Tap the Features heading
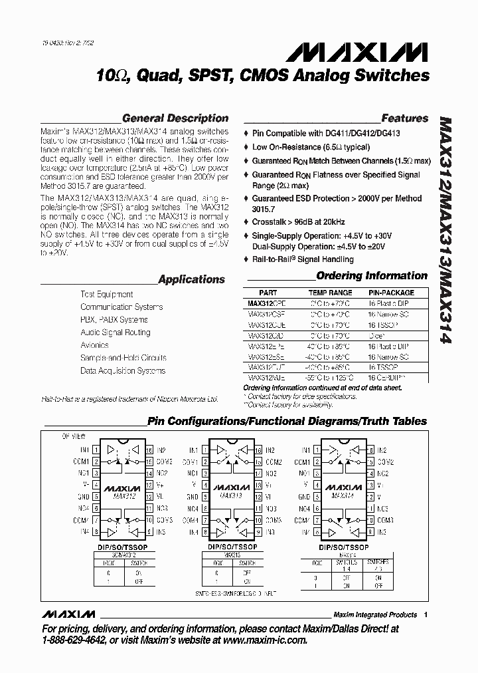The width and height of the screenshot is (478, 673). (x=404, y=118)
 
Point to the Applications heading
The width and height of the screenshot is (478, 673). (x=191, y=279)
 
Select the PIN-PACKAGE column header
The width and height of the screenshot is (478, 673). (x=391, y=293)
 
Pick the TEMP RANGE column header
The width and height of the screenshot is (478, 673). (x=331, y=293)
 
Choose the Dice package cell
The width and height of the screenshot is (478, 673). (x=378, y=337)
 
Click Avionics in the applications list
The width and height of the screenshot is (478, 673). (x=94, y=345)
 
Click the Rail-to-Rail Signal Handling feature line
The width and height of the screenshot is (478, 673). (x=303, y=260)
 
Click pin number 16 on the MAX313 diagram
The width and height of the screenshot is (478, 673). (x=255, y=450)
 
